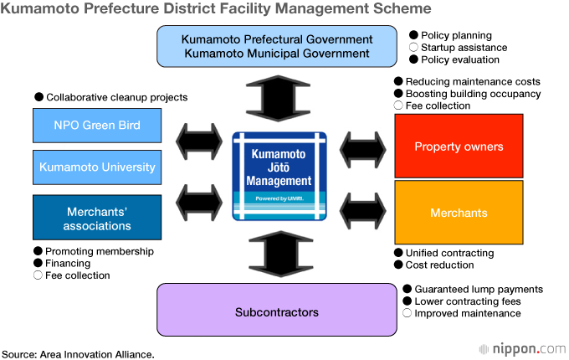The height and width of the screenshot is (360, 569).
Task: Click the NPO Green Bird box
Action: [x=97, y=126]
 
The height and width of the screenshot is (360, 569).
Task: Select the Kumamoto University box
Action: [x=97, y=167]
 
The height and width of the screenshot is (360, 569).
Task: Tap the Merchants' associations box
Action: [x=97, y=218]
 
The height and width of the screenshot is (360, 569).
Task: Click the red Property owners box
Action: [x=459, y=147]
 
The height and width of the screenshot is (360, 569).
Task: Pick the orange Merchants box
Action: [x=459, y=213]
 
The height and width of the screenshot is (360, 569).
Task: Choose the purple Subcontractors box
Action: [x=277, y=311]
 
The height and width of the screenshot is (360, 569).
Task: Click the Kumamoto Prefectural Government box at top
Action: [x=277, y=46]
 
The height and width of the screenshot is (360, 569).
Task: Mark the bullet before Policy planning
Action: [x=413, y=36]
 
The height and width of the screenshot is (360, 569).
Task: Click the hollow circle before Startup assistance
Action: [x=413, y=48]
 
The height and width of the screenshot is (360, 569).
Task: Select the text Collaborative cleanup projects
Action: [x=116, y=97]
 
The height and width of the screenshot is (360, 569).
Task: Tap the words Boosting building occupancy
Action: [x=473, y=94]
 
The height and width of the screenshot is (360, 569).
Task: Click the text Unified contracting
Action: [x=449, y=253]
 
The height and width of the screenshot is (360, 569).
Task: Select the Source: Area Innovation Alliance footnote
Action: [x=78, y=354]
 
